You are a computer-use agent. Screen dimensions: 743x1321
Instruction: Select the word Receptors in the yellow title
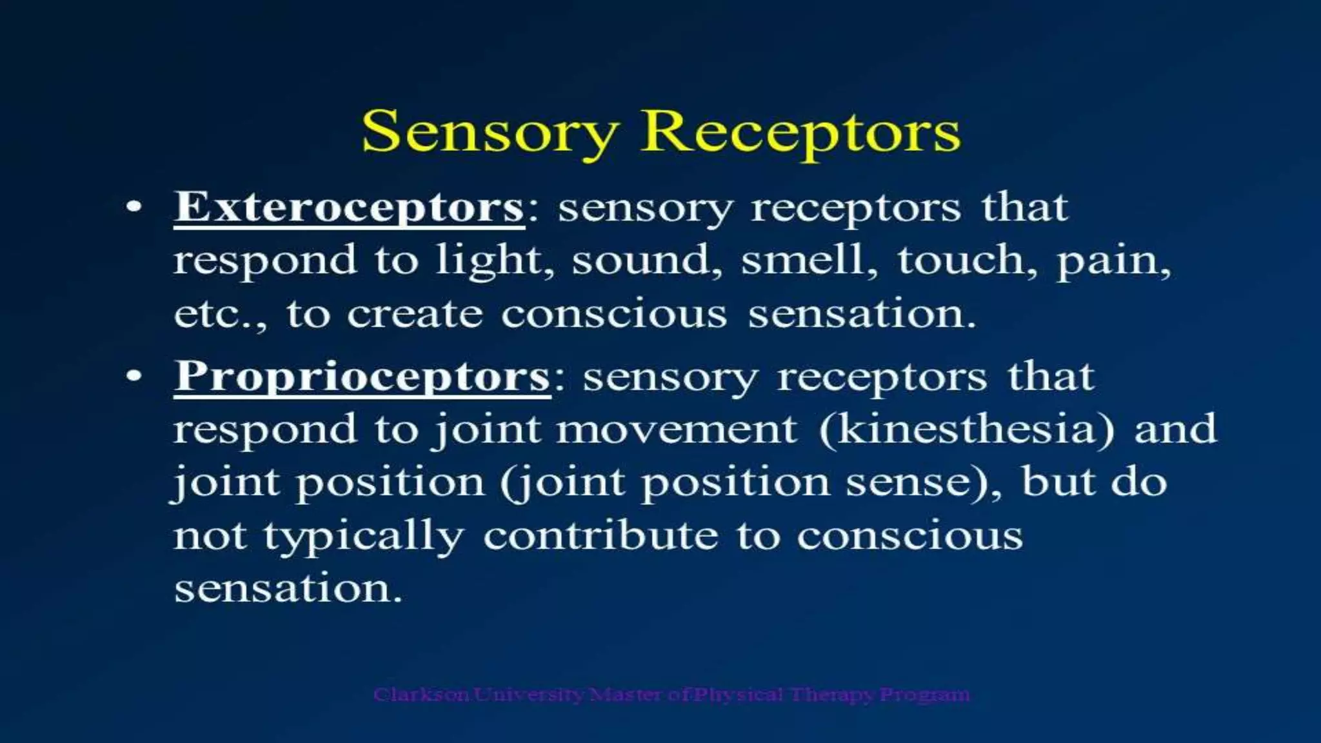click(x=800, y=132)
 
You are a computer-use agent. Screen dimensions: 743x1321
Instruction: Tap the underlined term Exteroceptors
click(x=348, y=208)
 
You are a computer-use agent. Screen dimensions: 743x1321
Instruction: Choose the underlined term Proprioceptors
click(x=362, y=377)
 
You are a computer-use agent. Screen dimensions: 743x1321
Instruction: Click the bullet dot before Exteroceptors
click(x=134, y=208)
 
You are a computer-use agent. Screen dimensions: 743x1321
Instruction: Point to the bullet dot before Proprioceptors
click(x=134, y=377)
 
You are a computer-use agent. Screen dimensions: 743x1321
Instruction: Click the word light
click(x=494, y=261)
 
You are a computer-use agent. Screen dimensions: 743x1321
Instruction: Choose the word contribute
click(x=601, y=536)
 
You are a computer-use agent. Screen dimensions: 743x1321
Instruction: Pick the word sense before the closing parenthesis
click(x=916, y=483)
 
